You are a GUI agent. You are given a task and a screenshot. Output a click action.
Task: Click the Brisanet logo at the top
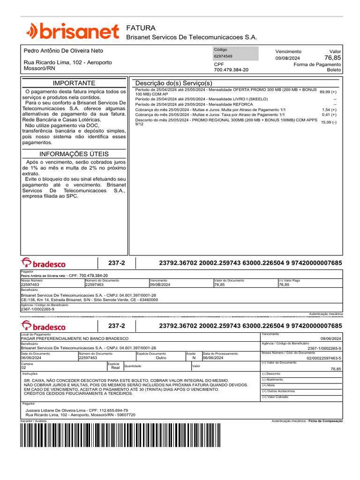[x=72, y=31]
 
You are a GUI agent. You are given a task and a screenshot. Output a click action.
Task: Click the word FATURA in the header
[x=141, y=28]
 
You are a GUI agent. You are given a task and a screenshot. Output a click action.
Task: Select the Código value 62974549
[x=223, y=56]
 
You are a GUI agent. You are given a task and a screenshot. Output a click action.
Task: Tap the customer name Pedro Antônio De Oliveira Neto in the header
[x=63, y=51]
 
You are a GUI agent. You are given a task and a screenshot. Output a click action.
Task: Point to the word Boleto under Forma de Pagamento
[x=334, y=70]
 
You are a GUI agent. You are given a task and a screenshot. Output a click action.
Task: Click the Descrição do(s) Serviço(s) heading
[x=173, y=83]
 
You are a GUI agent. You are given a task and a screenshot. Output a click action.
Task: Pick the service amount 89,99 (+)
[x=328, y=92]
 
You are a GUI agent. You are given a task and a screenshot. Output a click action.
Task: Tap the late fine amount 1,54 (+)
[x=329, y=109]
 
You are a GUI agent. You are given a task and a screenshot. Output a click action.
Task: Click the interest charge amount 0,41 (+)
[x=329, y=115]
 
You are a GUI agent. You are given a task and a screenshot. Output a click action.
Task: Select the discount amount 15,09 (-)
[x=328, y=122]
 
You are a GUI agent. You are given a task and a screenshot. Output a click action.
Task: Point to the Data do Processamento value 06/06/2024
[x=213, y=358]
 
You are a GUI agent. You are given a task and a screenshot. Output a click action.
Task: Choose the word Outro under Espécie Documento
[x=161, y=358]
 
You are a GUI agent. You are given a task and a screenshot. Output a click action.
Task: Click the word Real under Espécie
[x=115, y=368]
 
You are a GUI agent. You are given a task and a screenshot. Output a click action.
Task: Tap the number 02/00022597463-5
[x=324, y=358]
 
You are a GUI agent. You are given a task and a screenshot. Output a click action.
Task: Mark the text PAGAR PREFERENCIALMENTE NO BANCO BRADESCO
[x=75, y=338]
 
